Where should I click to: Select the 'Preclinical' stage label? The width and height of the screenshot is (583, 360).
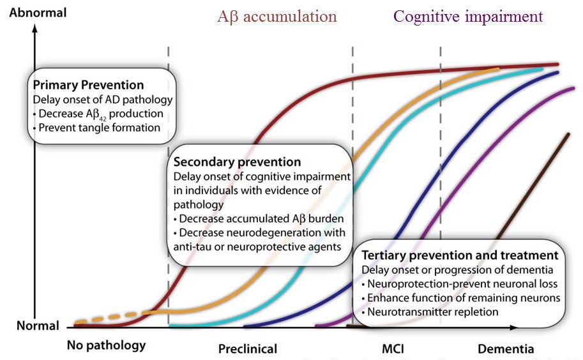pyautogui.click(x=248, y=349)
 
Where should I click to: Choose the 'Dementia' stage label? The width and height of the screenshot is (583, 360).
pyautogui.click(x=506, y=349)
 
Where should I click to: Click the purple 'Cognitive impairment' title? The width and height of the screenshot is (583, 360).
pyautogui.click(x=468, y=17)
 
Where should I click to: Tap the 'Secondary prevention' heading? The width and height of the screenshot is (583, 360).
pyautogui.click(x=237, y=161)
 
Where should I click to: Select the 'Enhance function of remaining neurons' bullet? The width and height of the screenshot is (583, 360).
pyautogui.click(x=460, y=298)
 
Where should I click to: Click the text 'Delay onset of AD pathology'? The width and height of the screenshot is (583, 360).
pyautogui.click(x=102, y=100)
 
